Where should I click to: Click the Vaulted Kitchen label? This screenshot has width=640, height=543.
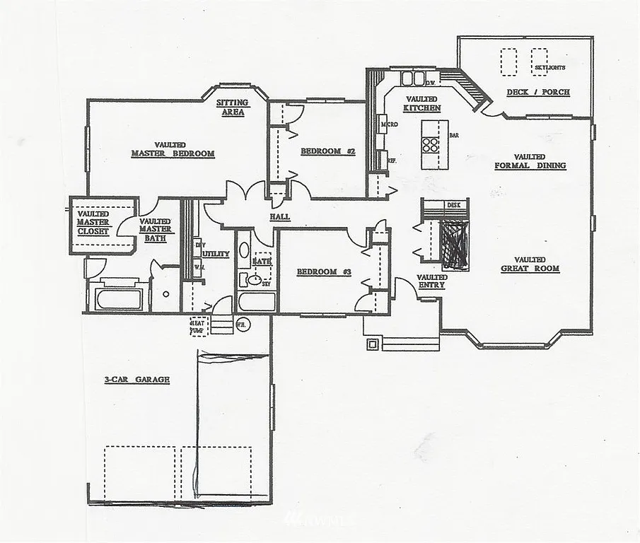[x=422, y=104]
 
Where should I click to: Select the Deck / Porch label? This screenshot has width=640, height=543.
[x=537, y=93]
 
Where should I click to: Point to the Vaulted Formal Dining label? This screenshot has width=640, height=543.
[x=530, y=161]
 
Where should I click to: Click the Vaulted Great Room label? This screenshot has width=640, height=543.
[x=530, y=264]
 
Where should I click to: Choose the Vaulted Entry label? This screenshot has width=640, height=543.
[x=431, y=281]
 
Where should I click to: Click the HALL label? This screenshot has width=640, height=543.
[x=280, y=217]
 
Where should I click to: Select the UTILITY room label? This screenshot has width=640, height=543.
[x=216, y=253]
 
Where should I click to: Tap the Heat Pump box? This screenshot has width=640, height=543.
[x=199, y=326]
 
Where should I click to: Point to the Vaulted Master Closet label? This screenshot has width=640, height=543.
[x=93, y=222]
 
